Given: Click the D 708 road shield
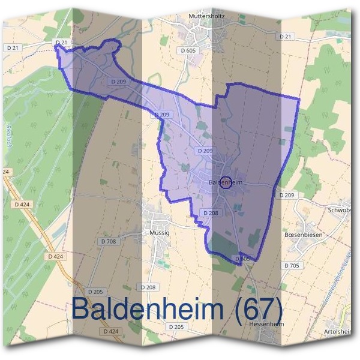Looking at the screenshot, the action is pos(109,241).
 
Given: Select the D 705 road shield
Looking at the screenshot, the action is pos(292,265).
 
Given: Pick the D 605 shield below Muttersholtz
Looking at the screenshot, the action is pos(188,51).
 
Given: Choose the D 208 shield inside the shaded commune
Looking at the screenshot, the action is pos(210,213).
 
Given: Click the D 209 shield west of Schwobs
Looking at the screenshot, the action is pos(287,196).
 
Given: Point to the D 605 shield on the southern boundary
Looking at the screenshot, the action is pos(242,259).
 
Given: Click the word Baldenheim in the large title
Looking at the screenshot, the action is pos(149,309).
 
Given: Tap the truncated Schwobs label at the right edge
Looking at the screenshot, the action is pos(344,211).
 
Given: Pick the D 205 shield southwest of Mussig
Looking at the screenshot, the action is pos(95,292).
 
